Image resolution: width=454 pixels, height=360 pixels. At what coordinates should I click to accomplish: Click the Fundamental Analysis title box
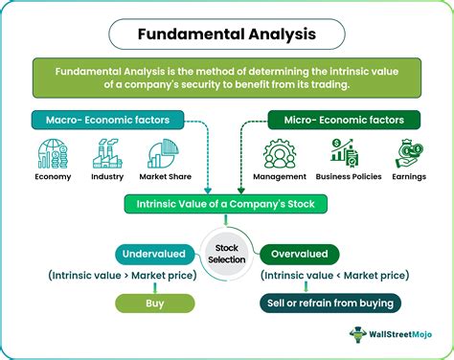point(226,34)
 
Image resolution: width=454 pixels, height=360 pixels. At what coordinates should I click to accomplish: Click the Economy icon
point(53,154)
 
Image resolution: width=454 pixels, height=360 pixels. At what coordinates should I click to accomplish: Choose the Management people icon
point(284,154)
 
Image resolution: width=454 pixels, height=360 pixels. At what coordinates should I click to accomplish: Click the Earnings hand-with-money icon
point(410,154)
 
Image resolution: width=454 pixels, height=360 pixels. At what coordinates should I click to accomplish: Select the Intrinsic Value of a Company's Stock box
point(226,204)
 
